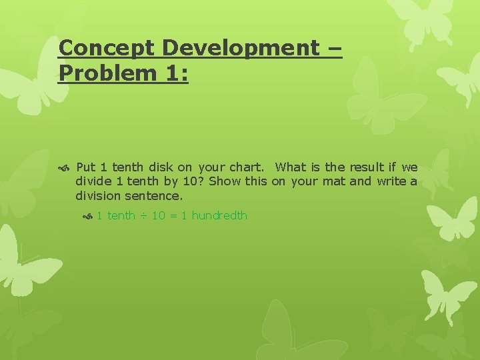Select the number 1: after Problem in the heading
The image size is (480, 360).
[175, 73]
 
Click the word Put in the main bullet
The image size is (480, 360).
[86, 167]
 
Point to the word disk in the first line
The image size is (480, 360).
[162, 167]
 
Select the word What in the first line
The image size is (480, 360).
[290, 167]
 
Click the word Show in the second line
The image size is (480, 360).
[225, 182]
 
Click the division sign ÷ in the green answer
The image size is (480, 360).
[143, 216]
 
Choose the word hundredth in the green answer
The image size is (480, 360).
[219, 216]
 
